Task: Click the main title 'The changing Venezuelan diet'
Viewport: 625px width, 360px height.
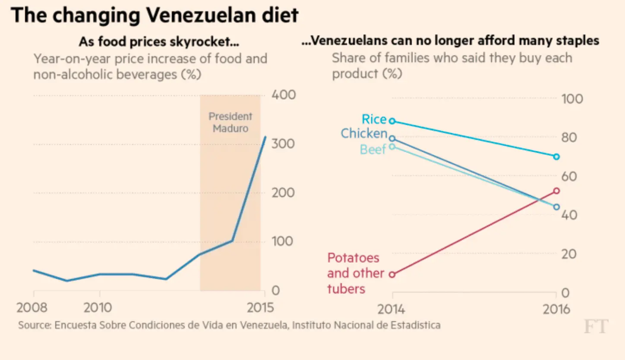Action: coord(155,16)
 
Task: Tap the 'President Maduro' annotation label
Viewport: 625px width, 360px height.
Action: coord(230,122)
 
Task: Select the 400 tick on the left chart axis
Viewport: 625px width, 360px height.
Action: coord(283,95)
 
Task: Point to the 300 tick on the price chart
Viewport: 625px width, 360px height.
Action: coord(283,144)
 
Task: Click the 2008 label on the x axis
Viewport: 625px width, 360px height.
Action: coord(32,308)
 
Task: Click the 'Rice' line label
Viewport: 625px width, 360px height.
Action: coord(374,119)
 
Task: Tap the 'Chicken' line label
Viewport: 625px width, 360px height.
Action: coord(364,133)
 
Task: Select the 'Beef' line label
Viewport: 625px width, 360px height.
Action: coord(372,149)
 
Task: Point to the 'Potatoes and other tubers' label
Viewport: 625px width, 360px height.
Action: coord(356,273)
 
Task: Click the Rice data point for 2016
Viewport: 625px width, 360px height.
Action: coord(556,156)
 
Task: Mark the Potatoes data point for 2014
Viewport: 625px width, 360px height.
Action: coord(392,274)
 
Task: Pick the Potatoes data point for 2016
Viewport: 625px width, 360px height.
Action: coord(556,191)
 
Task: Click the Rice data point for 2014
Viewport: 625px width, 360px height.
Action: coord(392,121)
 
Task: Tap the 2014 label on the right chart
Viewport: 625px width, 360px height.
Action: coord(392,309)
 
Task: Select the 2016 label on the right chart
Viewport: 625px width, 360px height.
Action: coord(555,309)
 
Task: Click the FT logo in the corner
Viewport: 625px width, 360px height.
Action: coord(595,327)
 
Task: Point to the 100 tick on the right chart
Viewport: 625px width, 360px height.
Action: coord(572,99)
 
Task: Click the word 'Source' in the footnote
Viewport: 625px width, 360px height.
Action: coord(33,325)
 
